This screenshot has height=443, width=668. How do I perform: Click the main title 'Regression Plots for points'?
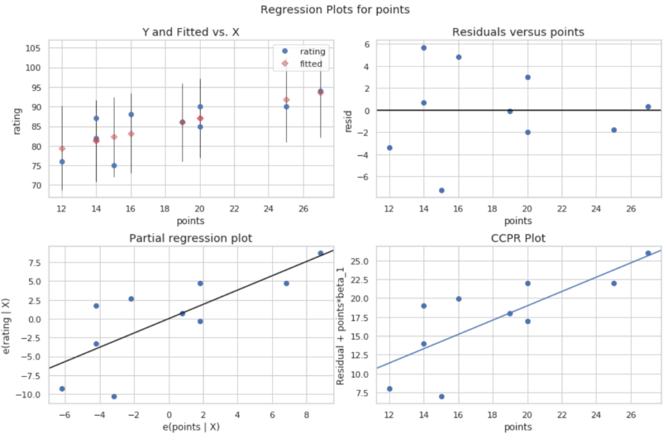334,10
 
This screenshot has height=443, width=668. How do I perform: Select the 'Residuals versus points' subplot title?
517,32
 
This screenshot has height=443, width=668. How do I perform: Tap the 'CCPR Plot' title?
517,238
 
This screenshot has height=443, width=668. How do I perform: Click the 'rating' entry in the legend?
312,51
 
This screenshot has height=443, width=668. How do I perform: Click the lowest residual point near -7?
442,190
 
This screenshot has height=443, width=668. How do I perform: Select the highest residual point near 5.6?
424,48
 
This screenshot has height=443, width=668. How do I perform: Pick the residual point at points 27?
648,107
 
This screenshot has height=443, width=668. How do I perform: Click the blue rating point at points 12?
62,162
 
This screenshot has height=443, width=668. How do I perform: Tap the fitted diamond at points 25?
286,100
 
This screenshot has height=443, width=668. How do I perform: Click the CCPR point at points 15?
442,396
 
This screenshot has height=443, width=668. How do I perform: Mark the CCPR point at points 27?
648,253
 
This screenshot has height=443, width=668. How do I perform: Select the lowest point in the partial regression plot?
114,396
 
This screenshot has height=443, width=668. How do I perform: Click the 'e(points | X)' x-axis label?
191,427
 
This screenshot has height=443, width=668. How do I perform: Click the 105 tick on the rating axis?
35,48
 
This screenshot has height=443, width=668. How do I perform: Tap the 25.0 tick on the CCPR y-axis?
362,261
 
